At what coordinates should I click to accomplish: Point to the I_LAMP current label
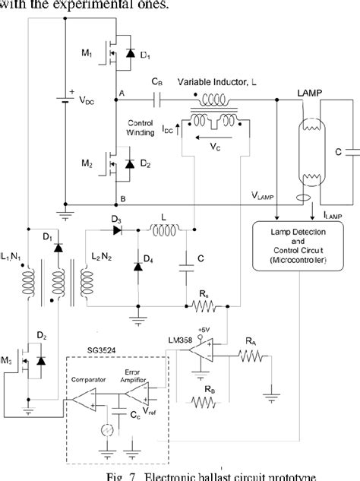point(332,216)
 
